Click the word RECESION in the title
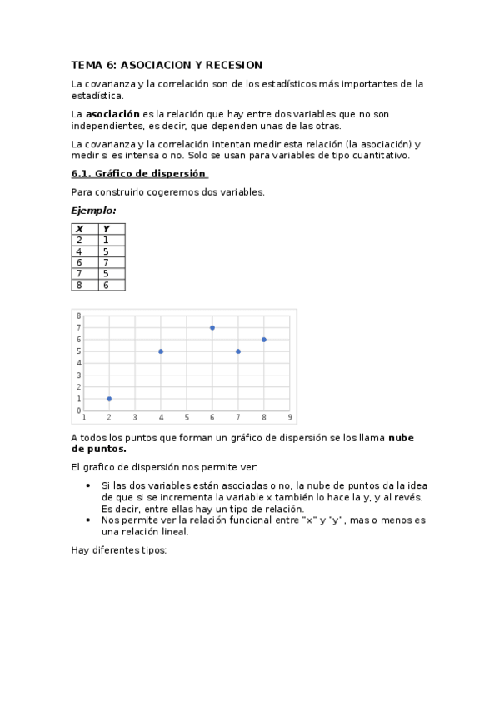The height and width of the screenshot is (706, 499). pyautogui.click(x=233, y=65)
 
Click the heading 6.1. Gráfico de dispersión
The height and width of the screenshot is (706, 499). pyautogui.click(x=139, y=174)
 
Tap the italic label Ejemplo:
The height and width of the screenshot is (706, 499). pyautogui.click(x=93, y=211)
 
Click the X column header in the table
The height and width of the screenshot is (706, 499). pyautogui.click(x=79, y=229)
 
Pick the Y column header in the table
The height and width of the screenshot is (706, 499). pyautogui.click(x=106, y=229)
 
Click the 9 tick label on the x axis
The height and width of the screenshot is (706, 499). pyautogui.click(x=289, y=417)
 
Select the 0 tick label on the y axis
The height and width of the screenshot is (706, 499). pyautogui.click(x=79, y=410)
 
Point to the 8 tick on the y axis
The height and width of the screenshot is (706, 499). pyautogui.click(x=79, y=316)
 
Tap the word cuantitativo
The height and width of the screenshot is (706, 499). pyautogui.click(x=384, y=156)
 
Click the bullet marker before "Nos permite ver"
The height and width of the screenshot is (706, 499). pyautogui.click(x=89, y=520)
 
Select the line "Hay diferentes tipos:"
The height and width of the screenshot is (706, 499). pyautogui.click(x=119, y=550)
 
